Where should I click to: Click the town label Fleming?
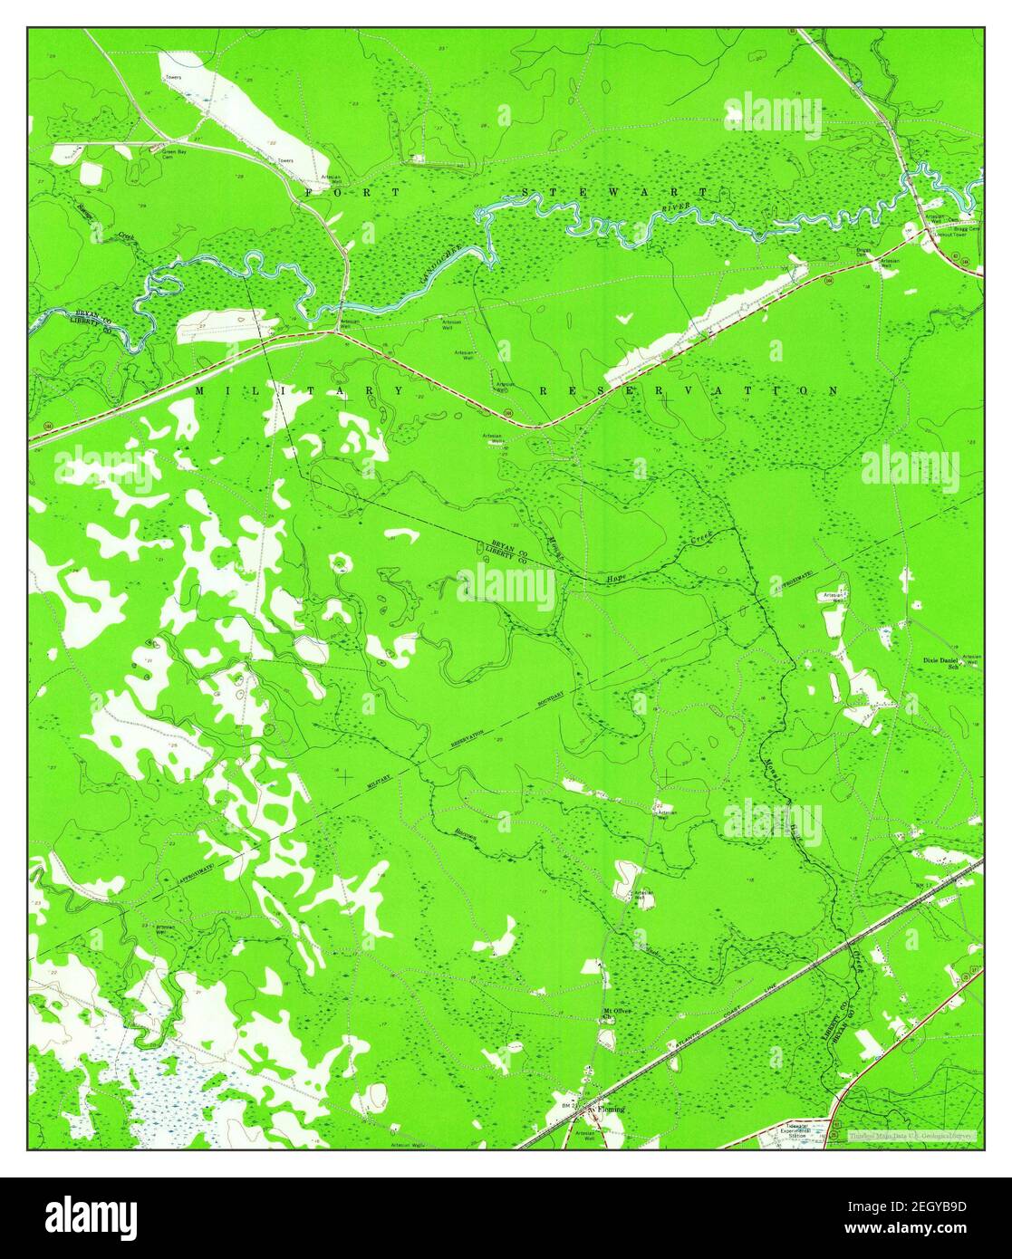(611, 1108)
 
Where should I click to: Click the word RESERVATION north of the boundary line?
(689, 390)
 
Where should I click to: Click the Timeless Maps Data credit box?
(910, 1134)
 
